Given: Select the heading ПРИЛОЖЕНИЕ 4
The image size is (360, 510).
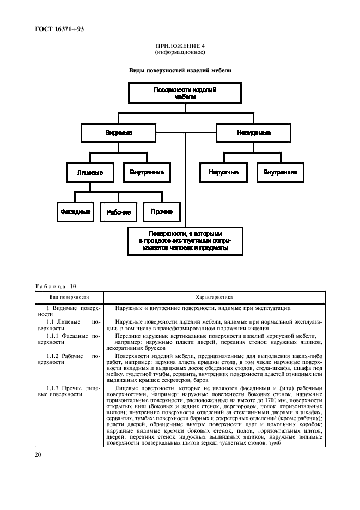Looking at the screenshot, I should [x=180, y=47].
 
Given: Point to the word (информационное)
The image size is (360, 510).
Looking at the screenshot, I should [x=180, y=53].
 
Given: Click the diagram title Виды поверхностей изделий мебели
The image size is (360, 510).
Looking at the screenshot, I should [x=180, y=70].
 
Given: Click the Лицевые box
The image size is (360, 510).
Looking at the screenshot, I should [x=89, y=173].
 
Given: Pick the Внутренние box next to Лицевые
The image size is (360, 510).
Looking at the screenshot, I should [x=147, y=173].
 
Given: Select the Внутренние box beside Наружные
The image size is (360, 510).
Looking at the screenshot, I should [x=280, y=173].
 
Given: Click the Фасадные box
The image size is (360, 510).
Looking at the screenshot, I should [x=75, y=211].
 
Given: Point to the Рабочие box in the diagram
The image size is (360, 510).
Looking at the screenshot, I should [x=118, y=211].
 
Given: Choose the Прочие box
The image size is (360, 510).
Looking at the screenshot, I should [x=162, y=211].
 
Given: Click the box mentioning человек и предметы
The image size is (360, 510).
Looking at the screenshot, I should [x=185, y=240].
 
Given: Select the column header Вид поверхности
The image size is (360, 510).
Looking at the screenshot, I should [x=69, y=297].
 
